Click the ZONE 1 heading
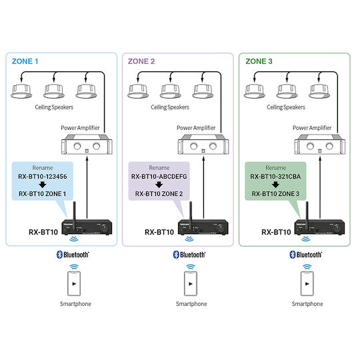(25, 61)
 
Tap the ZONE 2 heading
(141, 61)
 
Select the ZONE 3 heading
(259, 61)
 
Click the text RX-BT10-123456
(43, 176)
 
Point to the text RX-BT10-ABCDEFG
(159, 176)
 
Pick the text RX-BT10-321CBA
(275, 176)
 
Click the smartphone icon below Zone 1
(74, 283)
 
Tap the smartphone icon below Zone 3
(307, 283)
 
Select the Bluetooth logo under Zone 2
(189, 255)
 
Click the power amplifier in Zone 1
(87, 144)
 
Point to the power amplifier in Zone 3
(320, 144)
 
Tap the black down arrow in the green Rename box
(275, 185)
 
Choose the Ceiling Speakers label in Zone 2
(170, 107)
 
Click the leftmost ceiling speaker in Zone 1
(21, 91)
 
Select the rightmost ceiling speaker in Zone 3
(319, 91)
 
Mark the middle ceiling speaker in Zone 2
(171, 91)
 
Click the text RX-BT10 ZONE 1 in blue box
(43, 194)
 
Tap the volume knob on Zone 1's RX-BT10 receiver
(104, 228)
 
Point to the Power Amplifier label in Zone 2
(196, 128)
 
